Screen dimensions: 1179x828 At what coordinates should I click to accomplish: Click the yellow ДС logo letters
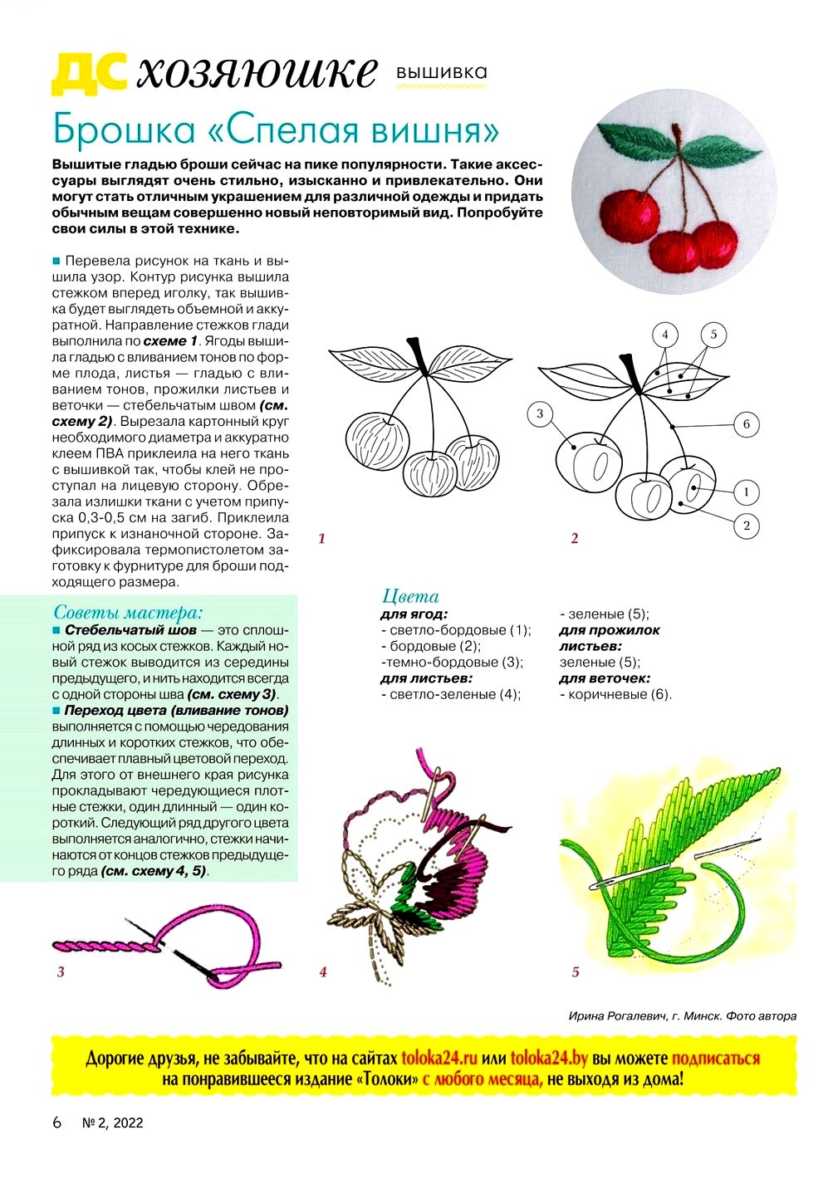(x=89, y=73)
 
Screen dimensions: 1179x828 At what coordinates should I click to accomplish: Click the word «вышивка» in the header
(x=442, y=73)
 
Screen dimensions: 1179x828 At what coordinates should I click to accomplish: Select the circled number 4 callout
(x=664, y=335)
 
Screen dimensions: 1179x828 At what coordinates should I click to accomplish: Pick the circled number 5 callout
(x=713, y=335)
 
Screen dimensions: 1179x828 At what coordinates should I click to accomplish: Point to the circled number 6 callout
(x=746, y=424)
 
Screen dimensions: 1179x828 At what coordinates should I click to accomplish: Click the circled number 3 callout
(x=540, y=413)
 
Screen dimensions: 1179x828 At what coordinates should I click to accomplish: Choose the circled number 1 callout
(x=746, y=492)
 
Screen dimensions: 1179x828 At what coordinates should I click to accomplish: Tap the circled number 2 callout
(x=746, y=525)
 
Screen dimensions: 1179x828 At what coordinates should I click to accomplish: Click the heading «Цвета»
(x=410, y=596)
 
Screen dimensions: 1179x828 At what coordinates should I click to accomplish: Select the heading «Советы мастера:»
(x=128, y=613)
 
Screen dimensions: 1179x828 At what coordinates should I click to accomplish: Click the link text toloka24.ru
(x=439, y=1059)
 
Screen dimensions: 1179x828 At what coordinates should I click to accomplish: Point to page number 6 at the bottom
(x=57, y=1123)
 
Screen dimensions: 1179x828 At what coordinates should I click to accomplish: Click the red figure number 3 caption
(x=61, y=971)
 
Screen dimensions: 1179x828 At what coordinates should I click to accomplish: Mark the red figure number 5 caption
(x=576, y=971)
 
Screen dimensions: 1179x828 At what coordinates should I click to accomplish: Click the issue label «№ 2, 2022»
(x=113, y=1123)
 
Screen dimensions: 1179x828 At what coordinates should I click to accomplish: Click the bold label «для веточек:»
(x=605, y=678)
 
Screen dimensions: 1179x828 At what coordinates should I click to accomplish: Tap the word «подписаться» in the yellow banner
(x=716, y=1059)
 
